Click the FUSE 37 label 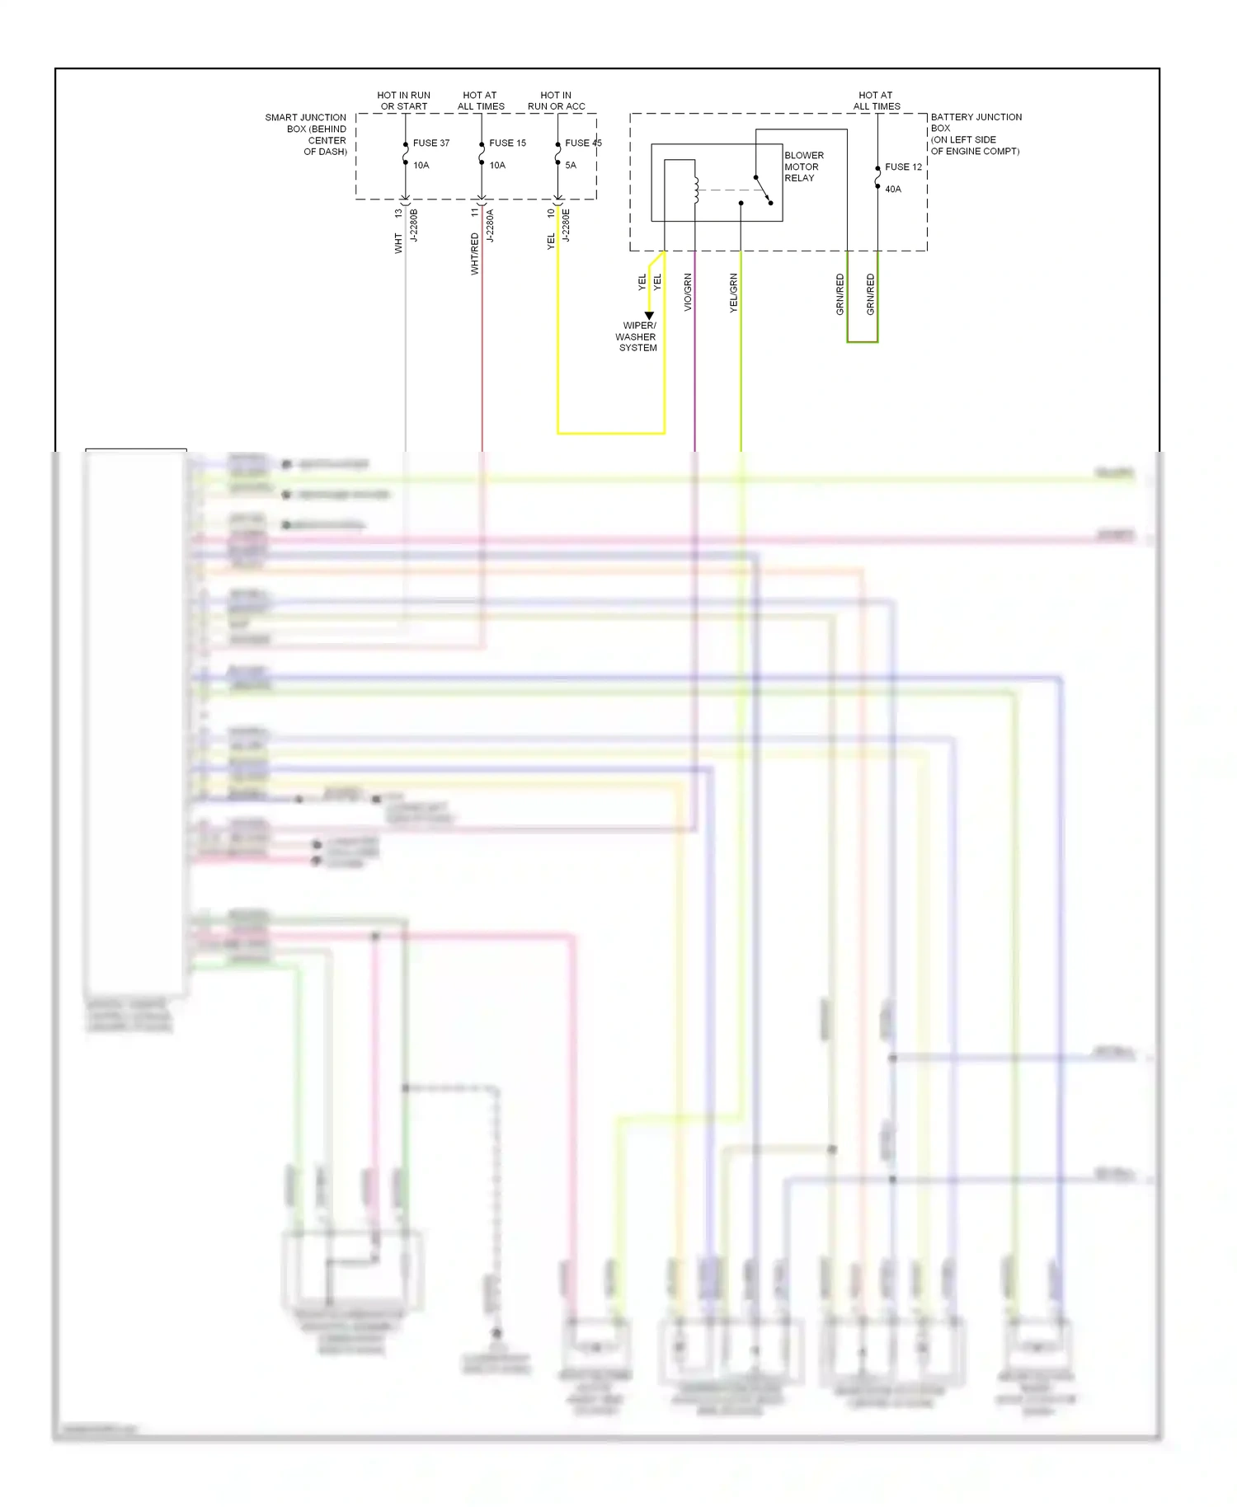pos(430,143)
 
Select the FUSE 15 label pos(507,143)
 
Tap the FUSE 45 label pos(583,143)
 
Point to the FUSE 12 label pos(903,167)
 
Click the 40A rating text pos(893,189)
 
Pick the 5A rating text pos(571,165)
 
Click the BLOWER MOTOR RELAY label pos(803,167)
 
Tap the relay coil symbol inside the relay pos(696,190)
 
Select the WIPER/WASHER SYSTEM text pos(637,336)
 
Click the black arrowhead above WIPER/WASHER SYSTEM pos(649,316)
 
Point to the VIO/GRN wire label pos(688,293)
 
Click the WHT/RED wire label pos(474,254)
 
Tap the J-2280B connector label pos(414,225)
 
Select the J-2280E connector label pos(566,225)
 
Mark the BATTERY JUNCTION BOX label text pos(976,134)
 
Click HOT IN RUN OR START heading pos(404,101)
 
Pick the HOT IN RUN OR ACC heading pos(556,101)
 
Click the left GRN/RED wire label pos(840,294)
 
